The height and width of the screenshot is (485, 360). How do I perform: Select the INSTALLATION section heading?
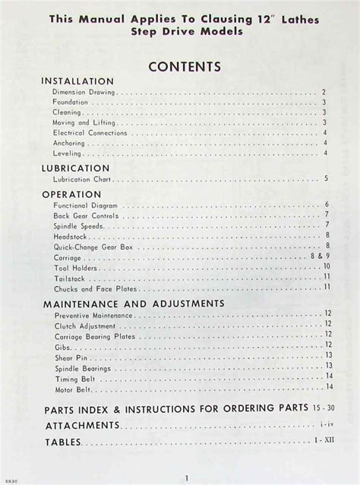(78, 80)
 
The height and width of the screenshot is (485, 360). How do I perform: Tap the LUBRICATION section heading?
(76, 168)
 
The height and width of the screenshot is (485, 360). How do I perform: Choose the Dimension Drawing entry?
(84, 91)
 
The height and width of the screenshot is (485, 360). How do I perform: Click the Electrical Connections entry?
(89, 132)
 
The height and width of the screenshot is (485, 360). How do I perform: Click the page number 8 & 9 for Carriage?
(319, 257)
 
